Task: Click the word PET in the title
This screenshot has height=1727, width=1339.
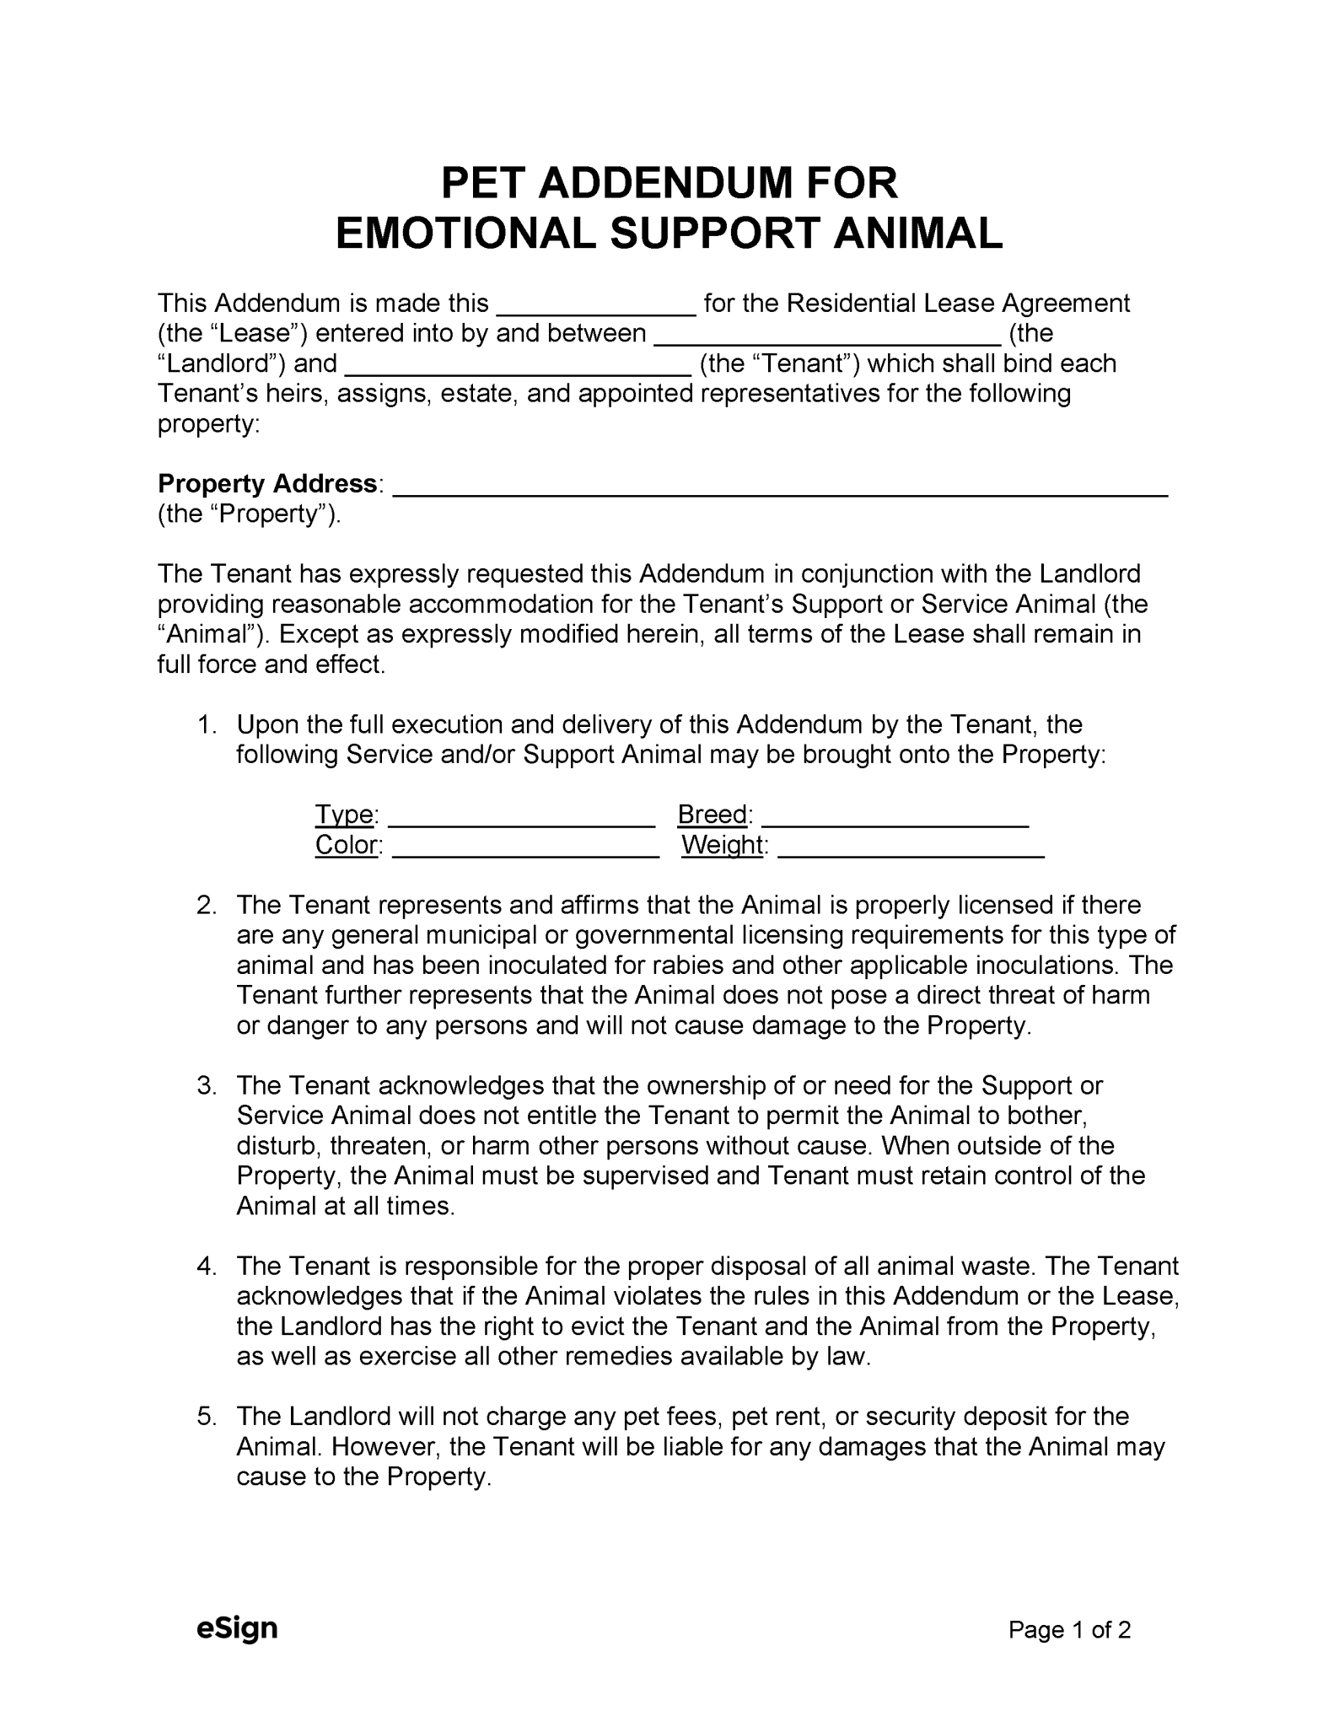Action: click(x=484, y=183)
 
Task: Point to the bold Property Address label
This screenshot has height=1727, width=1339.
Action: click(x=267, y=484)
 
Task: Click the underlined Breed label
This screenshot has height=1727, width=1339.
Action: click(x=713, y=815)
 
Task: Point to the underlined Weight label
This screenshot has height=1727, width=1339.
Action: click(x=723, y=845)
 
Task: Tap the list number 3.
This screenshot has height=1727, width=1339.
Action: click(x=207, y=1086)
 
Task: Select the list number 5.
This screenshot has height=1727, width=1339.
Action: click(x=207, y=1417)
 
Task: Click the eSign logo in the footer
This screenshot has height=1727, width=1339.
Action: click(x=237, y=1628)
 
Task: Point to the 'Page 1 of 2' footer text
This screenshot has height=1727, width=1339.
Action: click(x=1069, y=1630)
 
